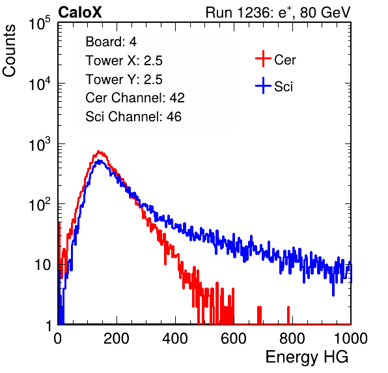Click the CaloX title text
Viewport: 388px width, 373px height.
(x=79, y=12)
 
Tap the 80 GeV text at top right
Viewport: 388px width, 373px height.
(x=326, y=12)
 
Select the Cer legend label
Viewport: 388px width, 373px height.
(x=284, y=60)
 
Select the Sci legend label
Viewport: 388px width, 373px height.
(x=283, y=87)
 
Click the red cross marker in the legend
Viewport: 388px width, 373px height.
(x=263, y=59)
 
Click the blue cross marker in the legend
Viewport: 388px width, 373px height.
(x=263, y=85)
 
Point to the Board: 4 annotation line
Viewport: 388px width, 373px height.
(x=111, y=42)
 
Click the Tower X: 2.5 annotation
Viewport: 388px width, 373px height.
(x=124, y=61)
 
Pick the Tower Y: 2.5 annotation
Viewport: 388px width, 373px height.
(x=124, y=80)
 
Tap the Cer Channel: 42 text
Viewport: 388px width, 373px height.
(x=135, y=98)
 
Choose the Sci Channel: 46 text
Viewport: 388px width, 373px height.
(x=133, y=117)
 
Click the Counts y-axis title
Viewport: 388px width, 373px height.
(x=9, y=51)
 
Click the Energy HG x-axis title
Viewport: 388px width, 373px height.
(x=307, y=357)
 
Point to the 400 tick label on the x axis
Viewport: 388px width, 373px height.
(x=175, y=338)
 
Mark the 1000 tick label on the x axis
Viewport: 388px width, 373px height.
(x=351, y=338)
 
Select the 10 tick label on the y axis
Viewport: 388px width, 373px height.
(x=42, y=265)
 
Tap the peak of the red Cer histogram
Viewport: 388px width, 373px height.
(x=98, y=151)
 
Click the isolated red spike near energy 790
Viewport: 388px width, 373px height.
(x=288, y=315)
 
